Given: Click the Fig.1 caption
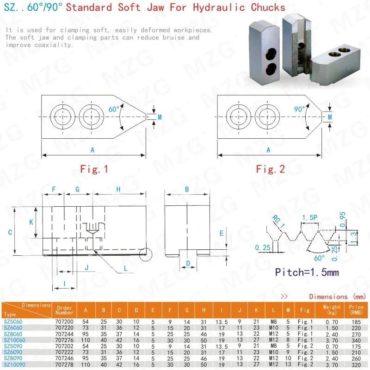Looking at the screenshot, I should [x=94, y=169].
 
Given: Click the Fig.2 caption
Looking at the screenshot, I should [x=271, y=169].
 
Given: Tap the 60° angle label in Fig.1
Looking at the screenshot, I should [x=114, y=109].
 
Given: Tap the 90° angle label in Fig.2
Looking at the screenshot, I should [x=300, y=109].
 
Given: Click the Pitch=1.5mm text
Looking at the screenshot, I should [x=307, y=272].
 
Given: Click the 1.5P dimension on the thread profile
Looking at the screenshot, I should [x=309, y=217].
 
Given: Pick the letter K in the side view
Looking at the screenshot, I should [x=31, y=222].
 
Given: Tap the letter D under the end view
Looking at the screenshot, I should [x=188, y=263].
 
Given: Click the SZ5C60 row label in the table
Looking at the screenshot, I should [x=13, y=321].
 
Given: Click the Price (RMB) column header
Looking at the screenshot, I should [x=357, y=309].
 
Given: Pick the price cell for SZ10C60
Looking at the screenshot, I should [x=357, y=339].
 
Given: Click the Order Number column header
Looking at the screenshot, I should [x=64, y=309].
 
